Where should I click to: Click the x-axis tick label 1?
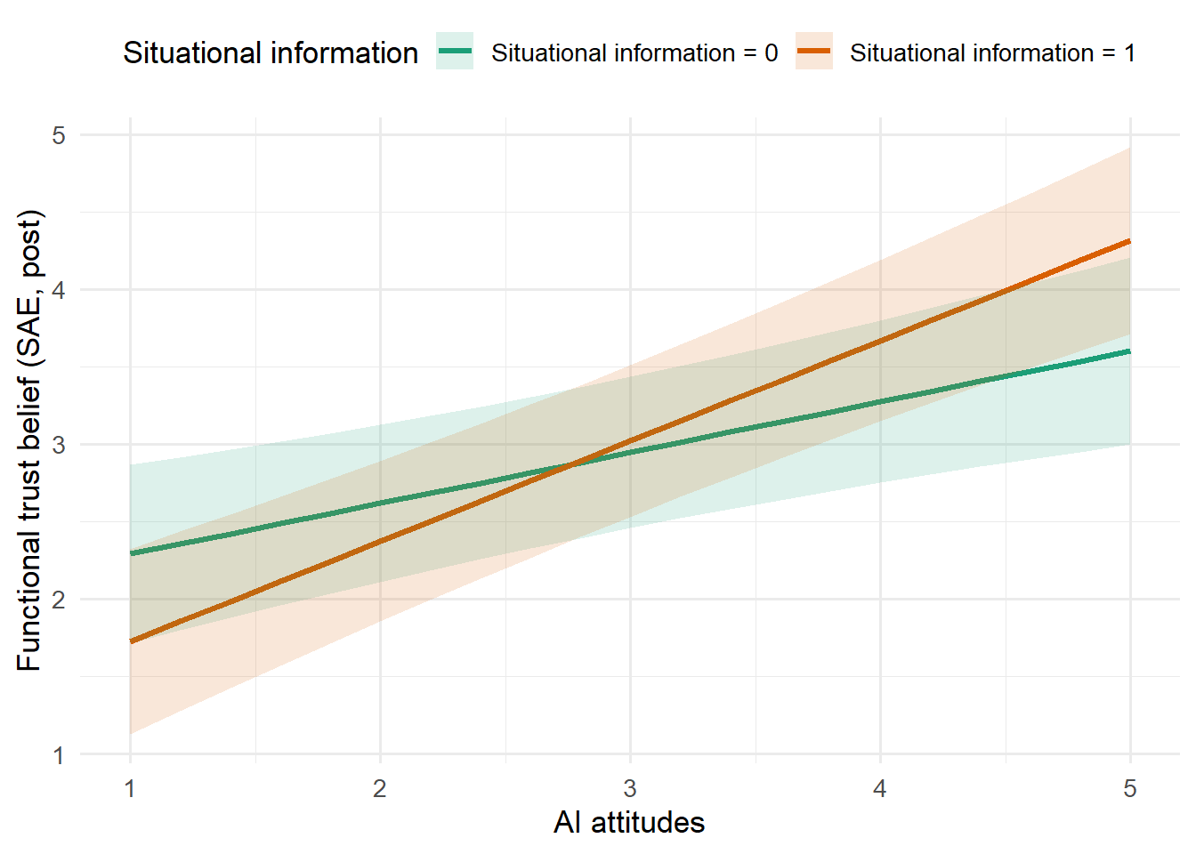coord(130,788)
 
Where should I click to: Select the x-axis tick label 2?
coord(380,788)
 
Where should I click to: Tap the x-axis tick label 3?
coord(630,788)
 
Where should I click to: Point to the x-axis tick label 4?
coord(880,788)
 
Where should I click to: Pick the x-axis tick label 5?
coord(1130,788)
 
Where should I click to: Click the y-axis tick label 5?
coord(59,135)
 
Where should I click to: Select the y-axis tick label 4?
coord(59,290)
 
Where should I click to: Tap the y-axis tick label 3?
coord(59,445)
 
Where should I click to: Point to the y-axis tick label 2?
coord(59,600)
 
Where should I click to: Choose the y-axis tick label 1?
coord(59,755)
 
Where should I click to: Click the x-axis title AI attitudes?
coord(629,822)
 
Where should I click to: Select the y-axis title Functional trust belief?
coord(29,440)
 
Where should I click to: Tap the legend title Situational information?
coord(271,53)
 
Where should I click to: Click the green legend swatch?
coord(455,52)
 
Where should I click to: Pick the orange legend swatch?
coord(813,52)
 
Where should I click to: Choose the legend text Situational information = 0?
coord(634,53)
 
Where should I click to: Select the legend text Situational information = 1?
coord(992,53)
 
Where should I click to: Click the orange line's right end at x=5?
coord(1129,241)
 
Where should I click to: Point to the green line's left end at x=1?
coord(131,553)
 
